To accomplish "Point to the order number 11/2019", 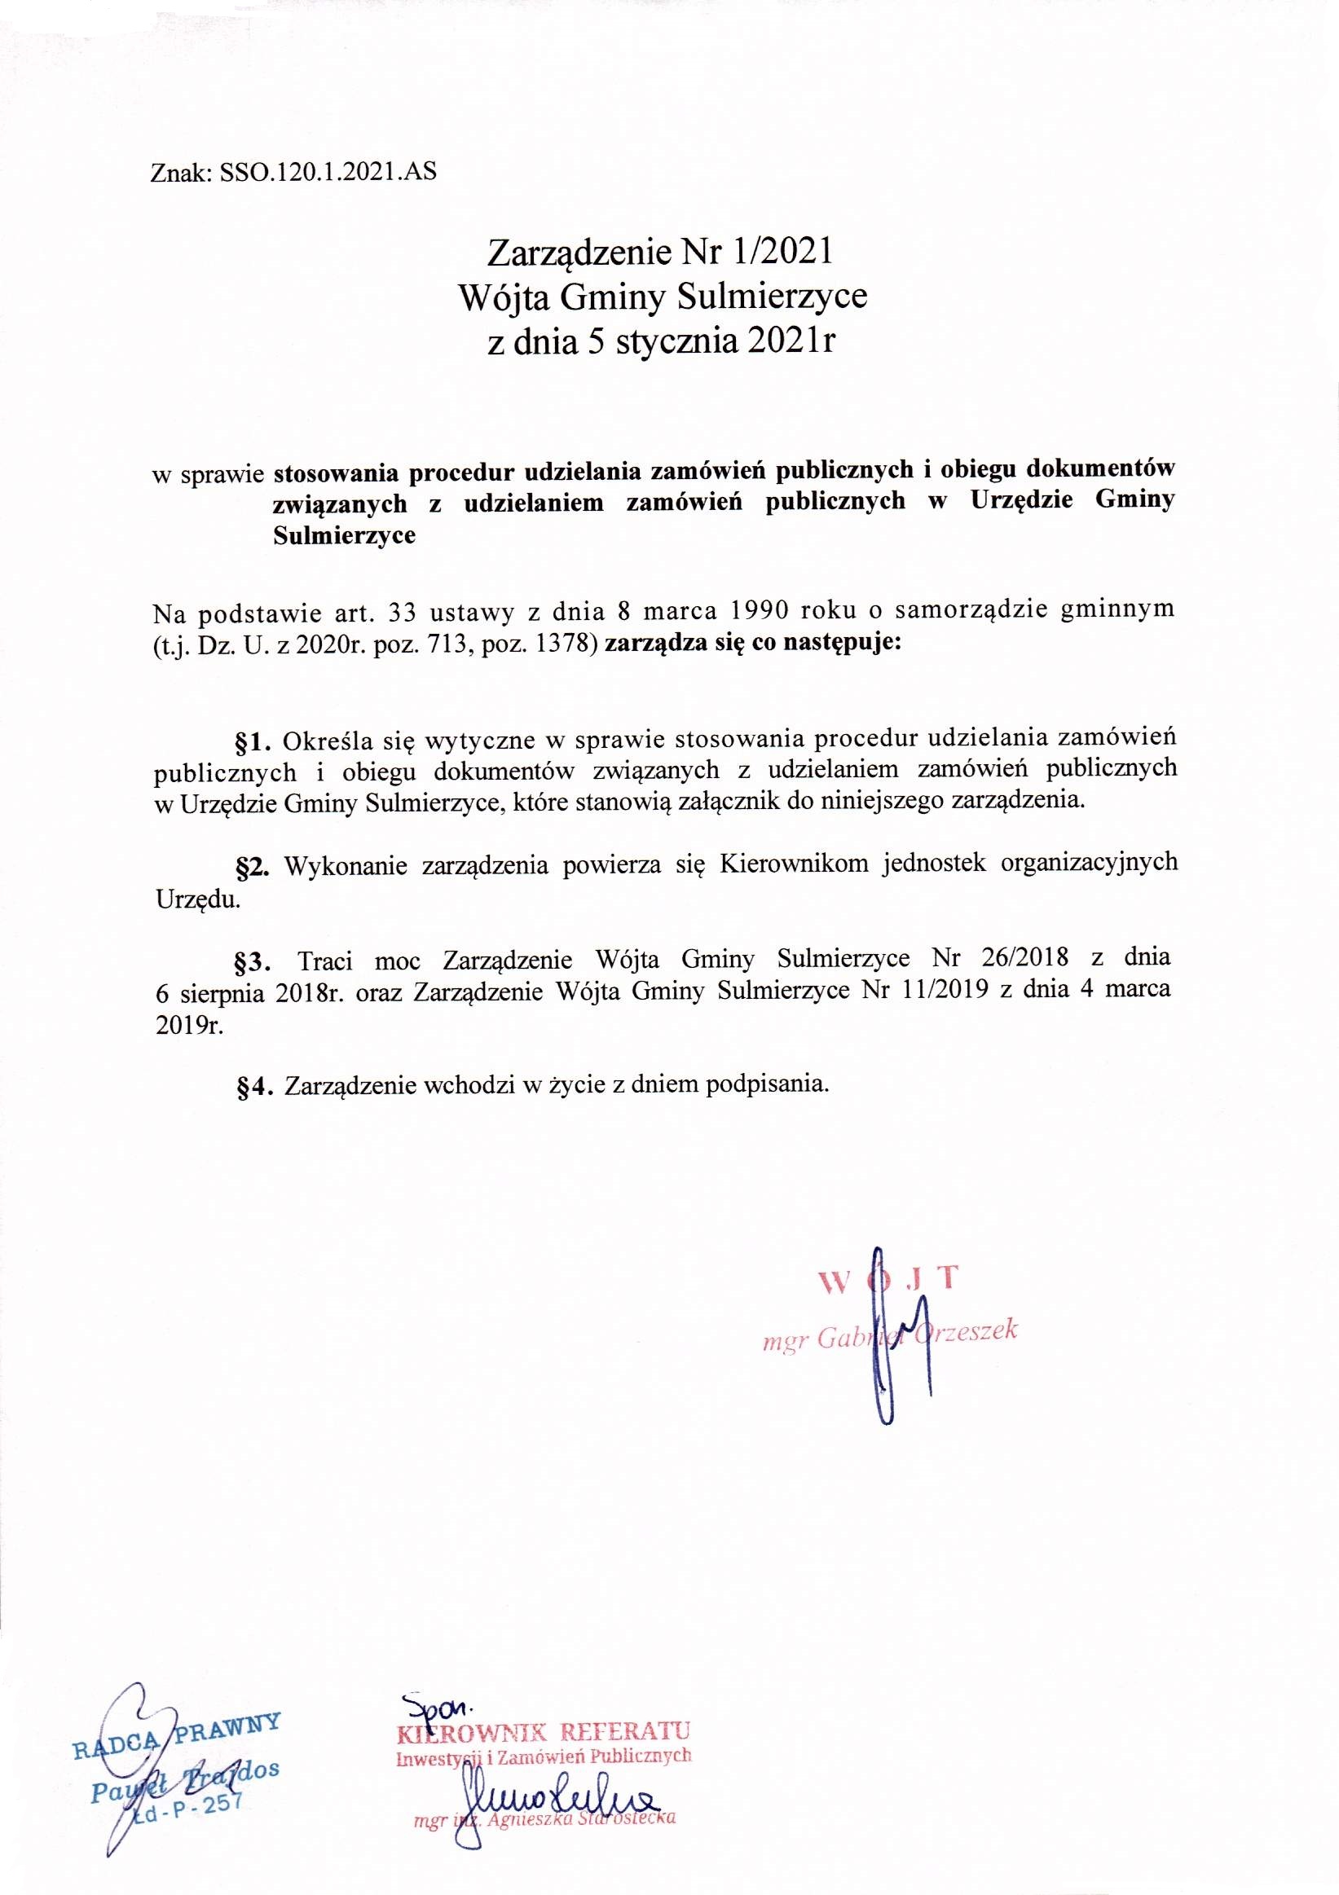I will coord(943,991).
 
